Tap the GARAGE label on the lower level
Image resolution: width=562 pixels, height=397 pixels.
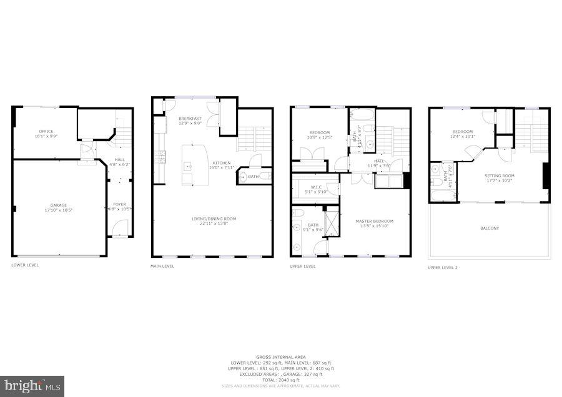click(x=59, y=205)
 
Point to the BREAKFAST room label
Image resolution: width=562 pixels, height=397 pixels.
click(x=190, y=119)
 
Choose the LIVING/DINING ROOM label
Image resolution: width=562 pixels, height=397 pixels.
click(x=214, y=218)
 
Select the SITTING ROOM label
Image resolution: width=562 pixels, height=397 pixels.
click(x=500, y=176)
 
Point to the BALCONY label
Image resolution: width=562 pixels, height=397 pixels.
click(x=490, y=228)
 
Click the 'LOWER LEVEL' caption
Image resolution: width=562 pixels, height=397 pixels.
click(x=25, y=265)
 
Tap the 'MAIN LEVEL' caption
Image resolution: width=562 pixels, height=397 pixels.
click(x=162, y=266)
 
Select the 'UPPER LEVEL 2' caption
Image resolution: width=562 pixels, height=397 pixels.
click(x=443, y=267)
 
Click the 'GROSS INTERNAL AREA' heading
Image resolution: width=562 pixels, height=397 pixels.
click(x=281, y=358)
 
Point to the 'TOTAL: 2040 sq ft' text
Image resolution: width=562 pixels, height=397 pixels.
click(x=281, y=380)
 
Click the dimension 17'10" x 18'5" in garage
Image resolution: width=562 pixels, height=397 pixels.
click(x=59, y=210)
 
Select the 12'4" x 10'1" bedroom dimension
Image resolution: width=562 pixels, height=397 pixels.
click(x=463, y=137)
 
